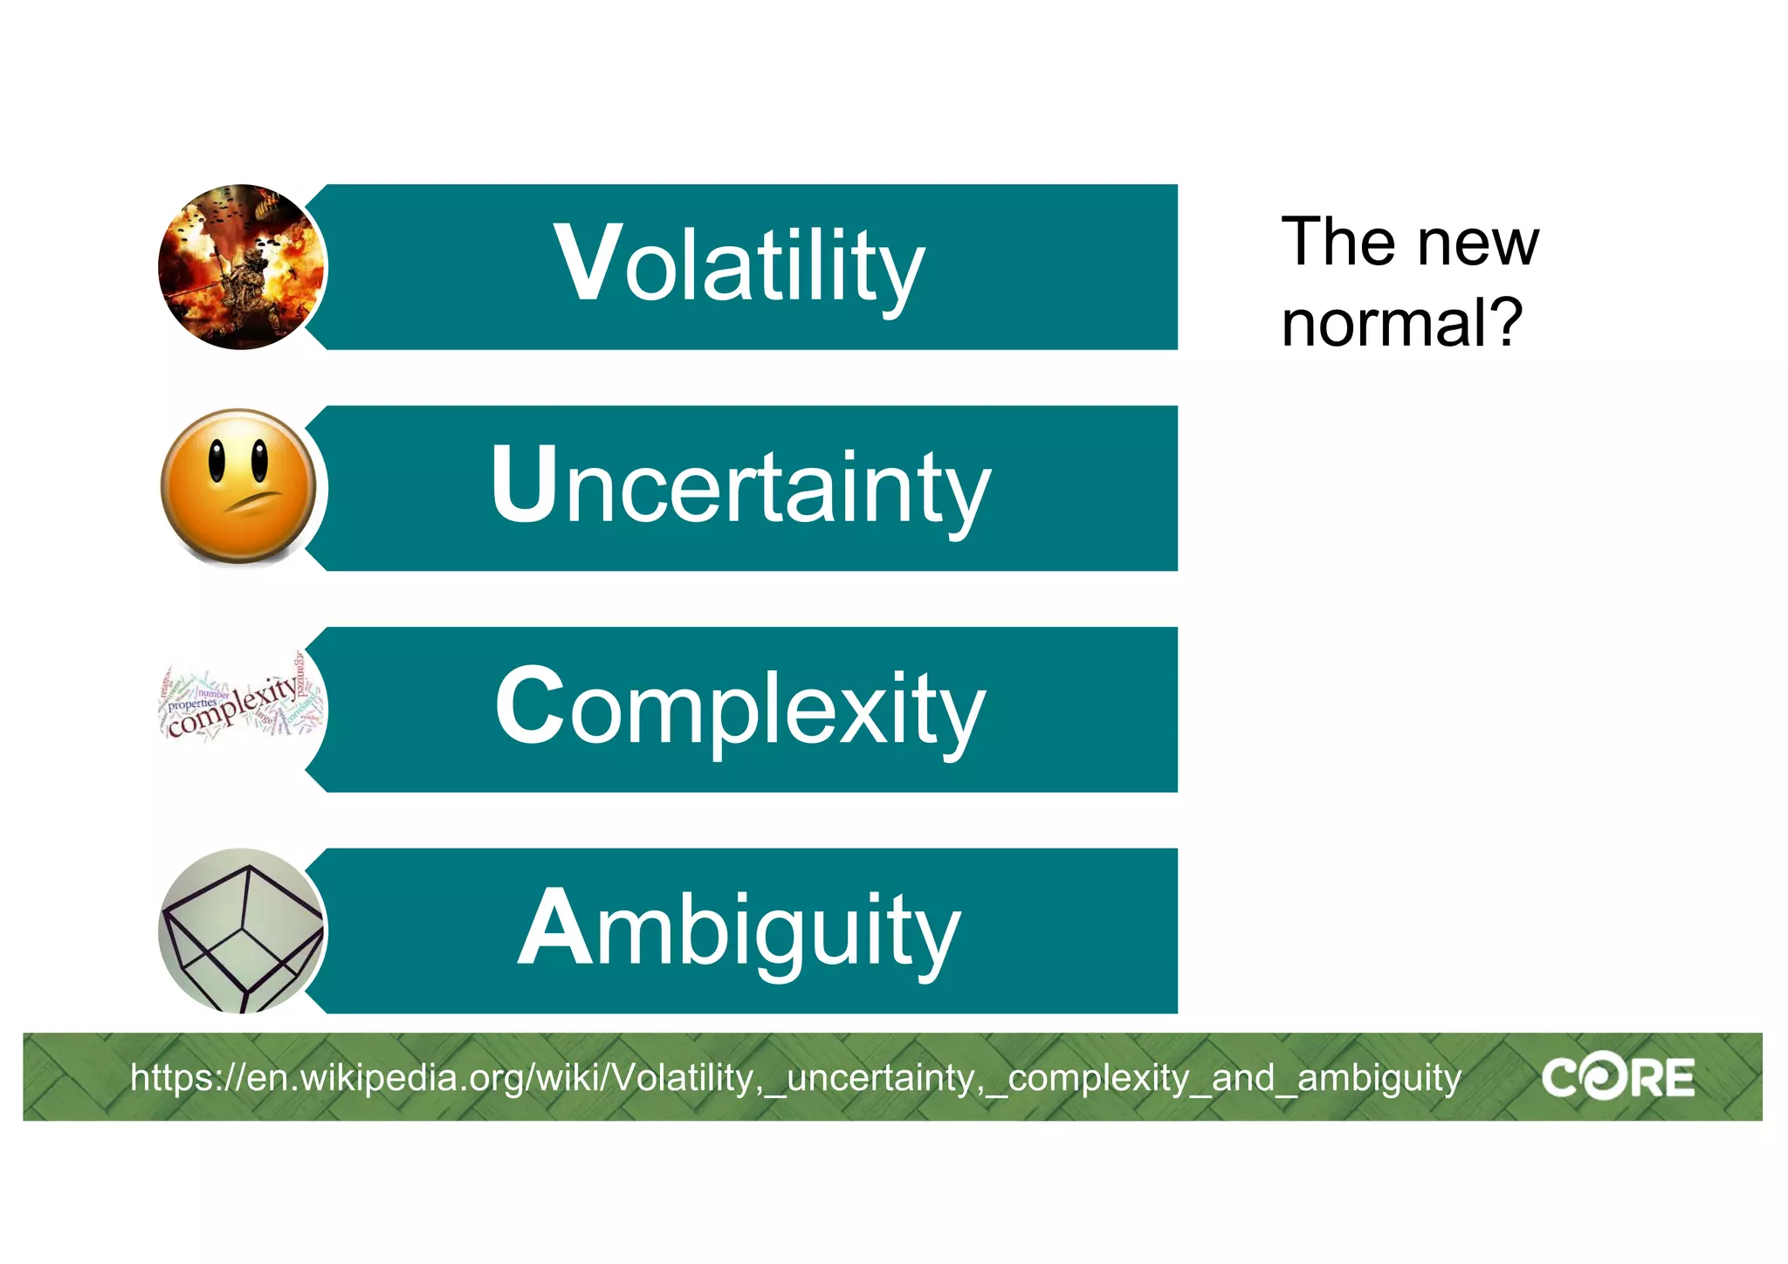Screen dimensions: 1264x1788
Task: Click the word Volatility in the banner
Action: tap(739, 265)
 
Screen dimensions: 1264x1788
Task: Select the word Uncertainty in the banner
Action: tap(740, 486)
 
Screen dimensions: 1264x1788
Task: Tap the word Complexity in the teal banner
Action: tap(740, 708)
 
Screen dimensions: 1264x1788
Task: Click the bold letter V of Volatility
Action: tap(588, 263)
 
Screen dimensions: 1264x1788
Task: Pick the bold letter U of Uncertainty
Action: tap(524, 484)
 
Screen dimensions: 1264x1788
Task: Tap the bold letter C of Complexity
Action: tap(530, 705)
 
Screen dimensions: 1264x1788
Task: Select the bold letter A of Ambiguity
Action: tap(554, 927)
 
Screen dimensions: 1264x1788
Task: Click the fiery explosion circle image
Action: tap(241, 267)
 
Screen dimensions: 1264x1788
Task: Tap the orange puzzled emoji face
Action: tap(239, 486)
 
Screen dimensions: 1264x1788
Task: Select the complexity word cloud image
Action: tap(241, 704)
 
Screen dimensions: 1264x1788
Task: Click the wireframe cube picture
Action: tap(241, 931)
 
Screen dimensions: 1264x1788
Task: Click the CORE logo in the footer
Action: tap(1617, 1078)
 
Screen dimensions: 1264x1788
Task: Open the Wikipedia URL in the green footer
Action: tap(794, 1078)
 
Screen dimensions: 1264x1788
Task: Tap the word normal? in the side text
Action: tap(1400, 323)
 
